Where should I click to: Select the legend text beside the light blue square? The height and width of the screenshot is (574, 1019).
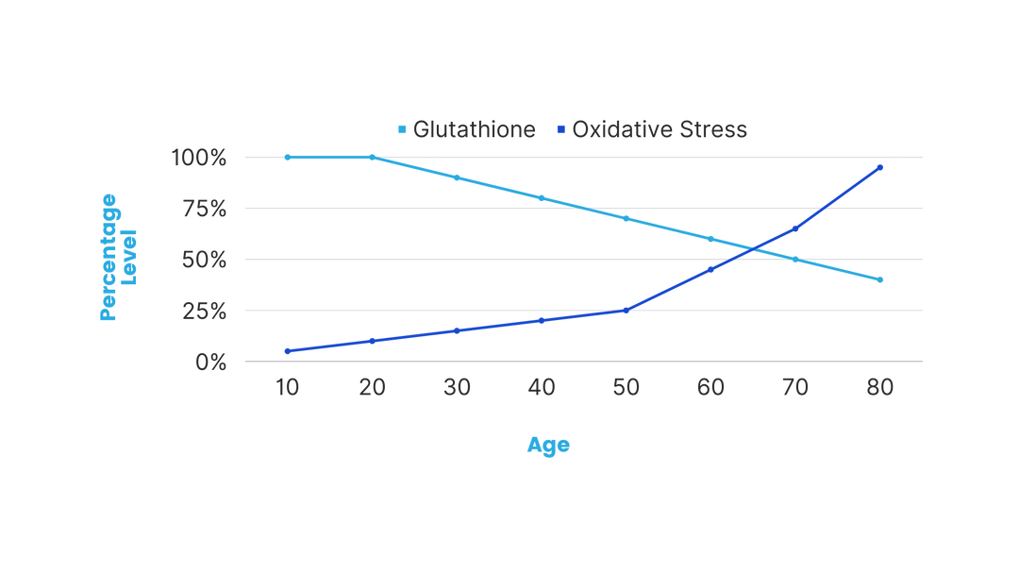[x=477, y=129]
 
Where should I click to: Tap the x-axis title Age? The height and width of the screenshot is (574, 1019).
[x=547, y=445]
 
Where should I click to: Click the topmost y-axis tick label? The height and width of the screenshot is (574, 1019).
[x=199, y=157]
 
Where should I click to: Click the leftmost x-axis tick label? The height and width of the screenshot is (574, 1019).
[x=286, y=385]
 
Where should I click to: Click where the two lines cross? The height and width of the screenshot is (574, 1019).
[x=755, y=248]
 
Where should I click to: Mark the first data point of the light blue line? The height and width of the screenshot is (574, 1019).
[x=286, y=157]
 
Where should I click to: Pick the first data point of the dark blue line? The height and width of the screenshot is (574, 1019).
[x=286, y=351]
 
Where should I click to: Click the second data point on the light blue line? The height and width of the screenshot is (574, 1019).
[x=371, y=156]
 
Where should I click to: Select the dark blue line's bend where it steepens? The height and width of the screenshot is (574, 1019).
[x=626, y=308]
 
